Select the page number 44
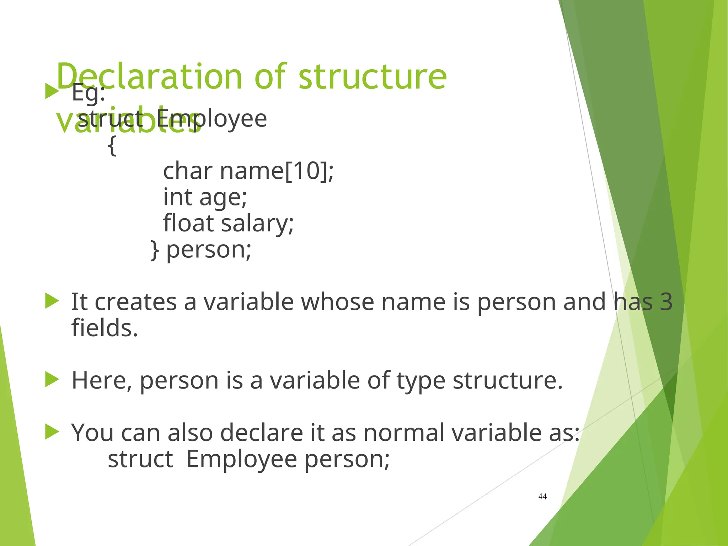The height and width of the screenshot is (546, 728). (x=542, y=497)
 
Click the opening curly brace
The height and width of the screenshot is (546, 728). (x=112, y=145)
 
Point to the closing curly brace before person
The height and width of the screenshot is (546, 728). (x=154, y=250)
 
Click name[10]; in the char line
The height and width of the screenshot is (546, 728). (x=277, y=171)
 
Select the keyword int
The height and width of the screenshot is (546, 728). (x=177, y=197)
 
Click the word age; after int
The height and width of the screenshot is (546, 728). (x=223, y=198)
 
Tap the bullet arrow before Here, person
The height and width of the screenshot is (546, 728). (x=52, y=380)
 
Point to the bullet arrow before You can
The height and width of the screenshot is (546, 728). (x=52, y=432)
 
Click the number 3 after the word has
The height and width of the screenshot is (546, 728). (x=666, y=302)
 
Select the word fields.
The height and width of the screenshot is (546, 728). (x=105, y=328)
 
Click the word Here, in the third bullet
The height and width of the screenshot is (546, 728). (x=102, y=380)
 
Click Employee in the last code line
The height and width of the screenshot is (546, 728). (x=242, y=459)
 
